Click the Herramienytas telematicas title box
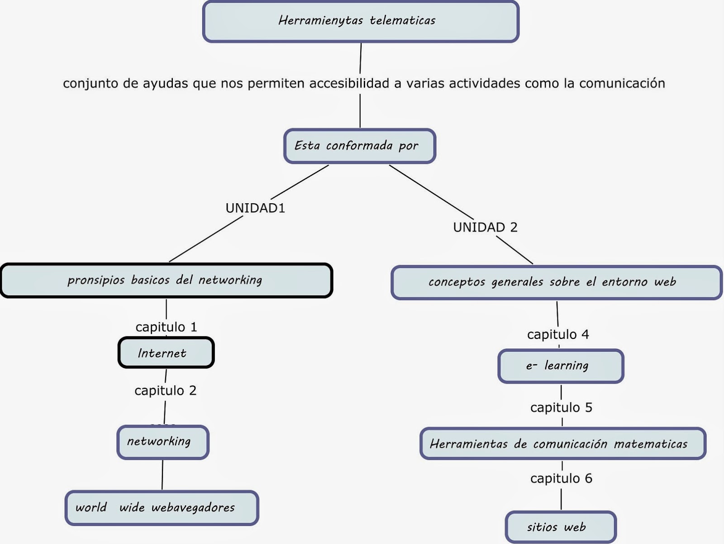(x=361, y=21)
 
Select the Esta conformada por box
(x=359, y=146)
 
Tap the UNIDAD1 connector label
(x=255, y=208)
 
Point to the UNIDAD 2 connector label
(x=485, y=227)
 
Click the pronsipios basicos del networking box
(x=166, y=280)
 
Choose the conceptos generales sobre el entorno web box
(x=556, y=282)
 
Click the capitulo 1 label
(x=166, y=327)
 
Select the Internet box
(x=166, y=353)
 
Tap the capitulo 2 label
(x=165, y=390)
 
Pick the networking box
(x=163, y=442)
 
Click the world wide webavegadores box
(x=162, y=507)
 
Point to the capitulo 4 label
(x=558, y=334)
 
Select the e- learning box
(x=561, y=366)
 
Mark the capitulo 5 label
(x=561, y=407)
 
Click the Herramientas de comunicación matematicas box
(x=562, y=444)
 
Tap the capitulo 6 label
(x=561, y=478)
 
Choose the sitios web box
(x=561, y=527)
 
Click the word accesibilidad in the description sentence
(x=349, y=83)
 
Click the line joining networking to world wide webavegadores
(x=162, y=475)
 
